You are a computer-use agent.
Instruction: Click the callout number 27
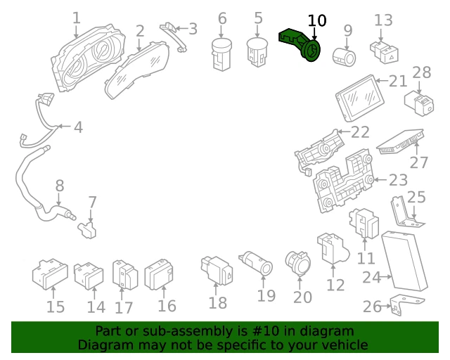[419, 162]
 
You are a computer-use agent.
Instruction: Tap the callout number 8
[59, 186]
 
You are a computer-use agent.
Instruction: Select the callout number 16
[167, 306]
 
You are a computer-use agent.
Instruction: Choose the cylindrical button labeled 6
[222, 54]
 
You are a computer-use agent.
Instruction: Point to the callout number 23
[398, 179]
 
